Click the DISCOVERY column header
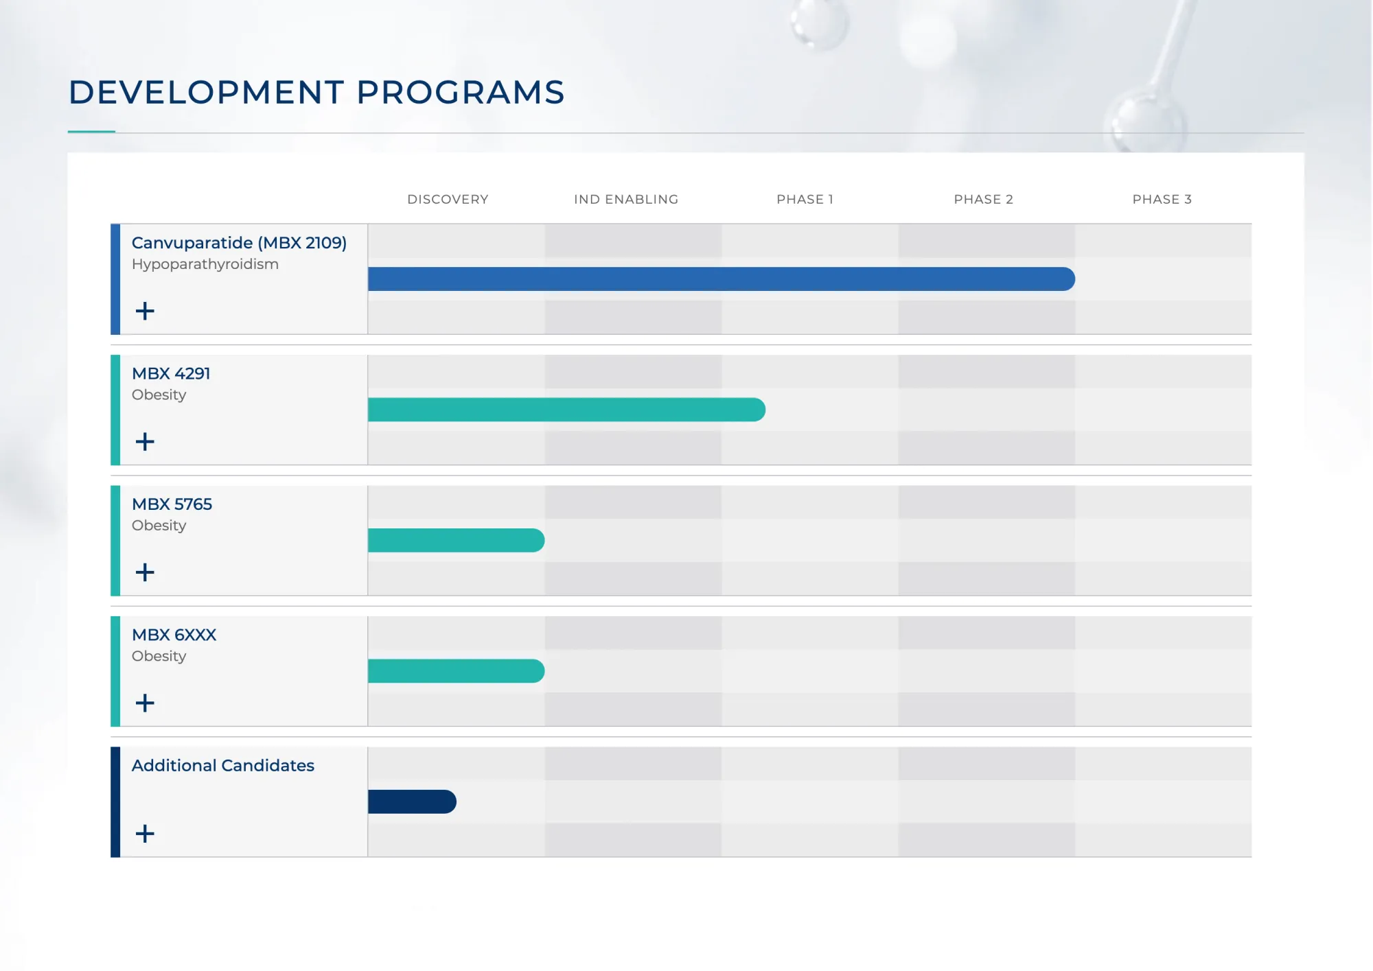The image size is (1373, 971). point(448,199)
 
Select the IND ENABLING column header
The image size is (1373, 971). point(626,199)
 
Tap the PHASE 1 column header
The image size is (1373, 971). point(805,199)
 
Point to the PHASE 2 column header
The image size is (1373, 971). point(983,199)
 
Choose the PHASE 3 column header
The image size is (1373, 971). point(1162,199)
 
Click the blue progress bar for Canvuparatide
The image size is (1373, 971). point(722,279)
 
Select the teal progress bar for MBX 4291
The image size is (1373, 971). point(566,410)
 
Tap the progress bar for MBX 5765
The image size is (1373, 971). point(457,540)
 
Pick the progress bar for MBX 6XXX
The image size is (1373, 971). point(457,670)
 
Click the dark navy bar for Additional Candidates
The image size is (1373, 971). point(412,802)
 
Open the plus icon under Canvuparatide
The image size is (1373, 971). point(145,311)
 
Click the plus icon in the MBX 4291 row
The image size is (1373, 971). point(145,441)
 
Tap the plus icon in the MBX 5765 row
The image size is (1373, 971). point(145,572)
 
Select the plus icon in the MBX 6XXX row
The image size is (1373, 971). point(145,703)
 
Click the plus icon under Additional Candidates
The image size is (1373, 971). point(145,833)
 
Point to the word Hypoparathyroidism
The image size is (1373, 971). point(205,265)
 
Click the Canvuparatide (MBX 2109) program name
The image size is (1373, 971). point(239,243)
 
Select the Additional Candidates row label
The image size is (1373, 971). point(223,765)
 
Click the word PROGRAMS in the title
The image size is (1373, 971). point(461,92)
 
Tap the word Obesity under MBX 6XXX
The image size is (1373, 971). point(159,656)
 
